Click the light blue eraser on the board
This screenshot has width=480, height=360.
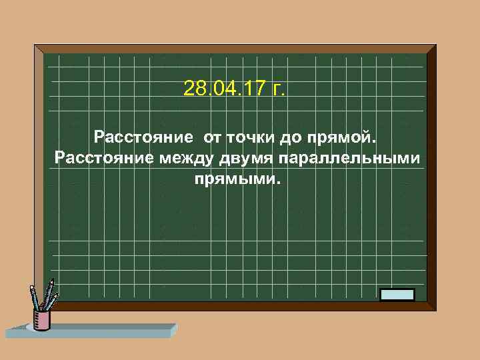(397, 294)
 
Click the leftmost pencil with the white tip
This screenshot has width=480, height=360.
(34, 297)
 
